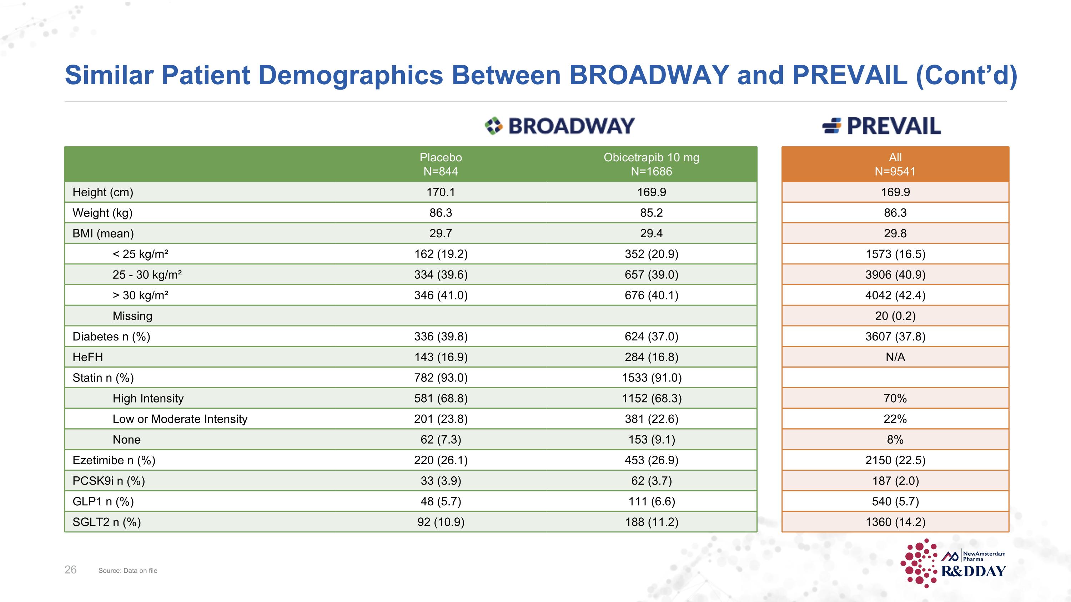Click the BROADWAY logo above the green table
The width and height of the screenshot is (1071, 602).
point(560,126)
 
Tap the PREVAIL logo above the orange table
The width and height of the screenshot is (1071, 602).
point(882,126)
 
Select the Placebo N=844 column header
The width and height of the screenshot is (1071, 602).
point(441,164)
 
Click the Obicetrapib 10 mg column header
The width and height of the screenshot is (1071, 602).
point(651,164)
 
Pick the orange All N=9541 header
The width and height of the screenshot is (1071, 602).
point(895,164)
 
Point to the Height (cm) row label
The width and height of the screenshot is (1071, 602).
point(103,192)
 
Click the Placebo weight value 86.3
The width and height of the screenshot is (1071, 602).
point(441,213)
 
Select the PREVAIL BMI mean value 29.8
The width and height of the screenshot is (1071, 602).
point(895,233)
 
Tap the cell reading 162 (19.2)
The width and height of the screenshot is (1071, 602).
point(441,254)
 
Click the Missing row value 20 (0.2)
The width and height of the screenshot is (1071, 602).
point(895,316)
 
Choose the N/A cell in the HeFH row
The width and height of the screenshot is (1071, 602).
point(895,357)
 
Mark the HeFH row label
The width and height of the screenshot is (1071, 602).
point(88,357)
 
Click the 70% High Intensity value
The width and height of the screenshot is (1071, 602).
point(895,398)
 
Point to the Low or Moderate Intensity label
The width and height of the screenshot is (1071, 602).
point(180,419)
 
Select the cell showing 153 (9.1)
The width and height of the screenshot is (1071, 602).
point(651,439)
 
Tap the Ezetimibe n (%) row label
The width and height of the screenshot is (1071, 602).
point(114,460)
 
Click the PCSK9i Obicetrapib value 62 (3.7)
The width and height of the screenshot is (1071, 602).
point(651,481)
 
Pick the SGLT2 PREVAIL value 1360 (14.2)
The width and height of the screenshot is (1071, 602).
point(895,522)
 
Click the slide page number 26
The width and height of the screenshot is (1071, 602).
point(70,570)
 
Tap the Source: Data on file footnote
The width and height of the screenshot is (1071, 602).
point(128,571)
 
